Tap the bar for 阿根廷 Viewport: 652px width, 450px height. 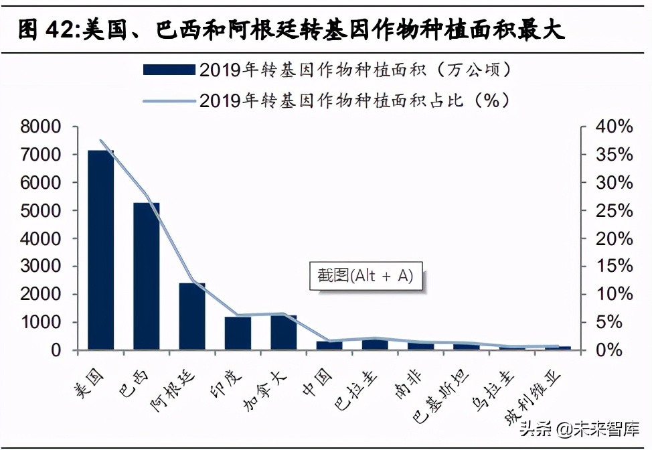[x=192, y=316]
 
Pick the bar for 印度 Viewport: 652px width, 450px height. [x=238, y=333]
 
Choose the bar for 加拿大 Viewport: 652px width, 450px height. [x=283, y=332]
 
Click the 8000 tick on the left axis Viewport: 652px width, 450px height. [x=42, y=127]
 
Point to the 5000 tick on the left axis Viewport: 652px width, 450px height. [x=42, y=210]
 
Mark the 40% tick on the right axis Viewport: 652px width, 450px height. [x=615, y=127]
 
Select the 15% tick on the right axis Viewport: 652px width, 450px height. [x=615, y=267]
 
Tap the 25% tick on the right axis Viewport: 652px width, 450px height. [x=615, y=210]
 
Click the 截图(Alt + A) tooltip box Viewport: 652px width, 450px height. [x=365, y=275]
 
